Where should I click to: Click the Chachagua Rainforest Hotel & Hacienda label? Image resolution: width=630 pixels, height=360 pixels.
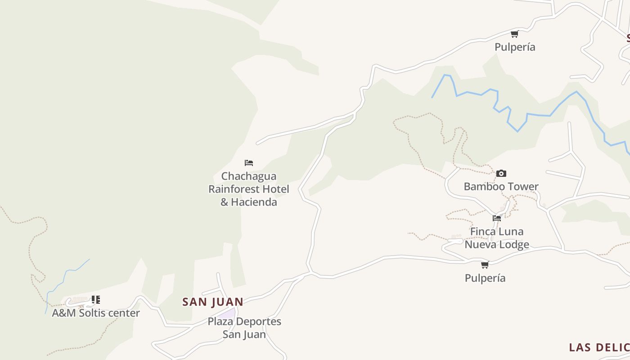point(248,189)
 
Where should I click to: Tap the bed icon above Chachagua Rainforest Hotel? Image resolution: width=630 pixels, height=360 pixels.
point(249,163)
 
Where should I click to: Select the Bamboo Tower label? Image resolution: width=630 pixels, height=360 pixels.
point(501,186)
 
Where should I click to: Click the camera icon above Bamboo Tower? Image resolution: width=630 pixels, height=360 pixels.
point(501,174)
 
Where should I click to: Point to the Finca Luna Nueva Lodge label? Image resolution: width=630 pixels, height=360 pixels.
point(497,238)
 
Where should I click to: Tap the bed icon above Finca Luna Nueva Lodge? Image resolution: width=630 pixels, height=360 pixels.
point(497,218)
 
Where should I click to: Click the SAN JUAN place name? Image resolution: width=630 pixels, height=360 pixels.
point(213,302)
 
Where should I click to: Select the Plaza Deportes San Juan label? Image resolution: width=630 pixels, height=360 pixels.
point(244,328)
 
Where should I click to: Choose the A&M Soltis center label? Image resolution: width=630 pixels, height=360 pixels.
point(96,313)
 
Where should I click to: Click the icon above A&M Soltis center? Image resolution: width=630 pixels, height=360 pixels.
point(95,300)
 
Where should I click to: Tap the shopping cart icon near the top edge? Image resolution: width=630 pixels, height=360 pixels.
point(515,34)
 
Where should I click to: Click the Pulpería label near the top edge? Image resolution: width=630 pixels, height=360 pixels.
point(515,47)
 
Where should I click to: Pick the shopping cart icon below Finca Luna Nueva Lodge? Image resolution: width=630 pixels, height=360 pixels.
point(485,265)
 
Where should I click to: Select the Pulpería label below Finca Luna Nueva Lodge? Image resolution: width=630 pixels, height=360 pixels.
point(485,278)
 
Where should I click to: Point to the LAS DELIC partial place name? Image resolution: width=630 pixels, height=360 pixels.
point(599,347)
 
